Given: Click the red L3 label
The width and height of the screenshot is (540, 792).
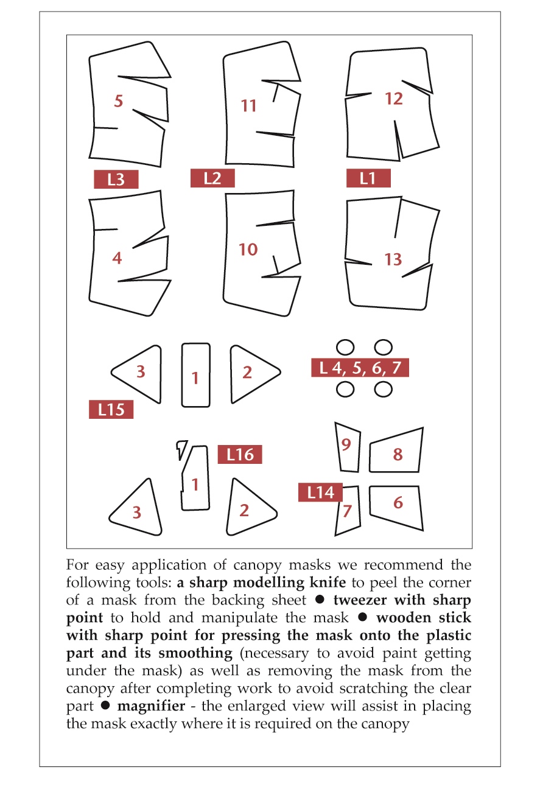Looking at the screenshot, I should tap(116, 180).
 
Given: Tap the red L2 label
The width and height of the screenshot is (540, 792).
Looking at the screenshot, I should tap(212, 178).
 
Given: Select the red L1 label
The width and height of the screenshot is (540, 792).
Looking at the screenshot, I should tap(368, 178).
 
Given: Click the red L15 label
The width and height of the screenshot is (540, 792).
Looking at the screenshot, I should tap(111, 410).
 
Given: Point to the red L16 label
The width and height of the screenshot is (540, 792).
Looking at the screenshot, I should tap(240, 454).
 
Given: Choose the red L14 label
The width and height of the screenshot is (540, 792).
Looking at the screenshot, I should tap(320, 492).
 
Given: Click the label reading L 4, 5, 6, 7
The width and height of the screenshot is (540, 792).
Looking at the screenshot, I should tap(360, 368).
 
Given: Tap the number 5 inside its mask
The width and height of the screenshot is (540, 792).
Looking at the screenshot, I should tap(118, 100).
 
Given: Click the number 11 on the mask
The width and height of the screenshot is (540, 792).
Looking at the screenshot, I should tap(248, 106).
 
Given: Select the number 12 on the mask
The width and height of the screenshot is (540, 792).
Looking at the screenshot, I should tap(394, 98).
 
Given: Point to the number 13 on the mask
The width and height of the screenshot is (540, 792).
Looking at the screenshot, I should tap(393, 259).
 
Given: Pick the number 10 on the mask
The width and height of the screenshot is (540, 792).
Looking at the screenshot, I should tap(248, 249).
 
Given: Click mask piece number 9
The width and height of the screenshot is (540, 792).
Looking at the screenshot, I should tap(346, 445).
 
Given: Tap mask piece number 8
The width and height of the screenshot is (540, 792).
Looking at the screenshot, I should tap(398, 454).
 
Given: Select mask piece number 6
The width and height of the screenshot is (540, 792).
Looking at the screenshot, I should tap(398, 503).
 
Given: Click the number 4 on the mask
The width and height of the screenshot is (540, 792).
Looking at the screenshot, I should tap(117, 258).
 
